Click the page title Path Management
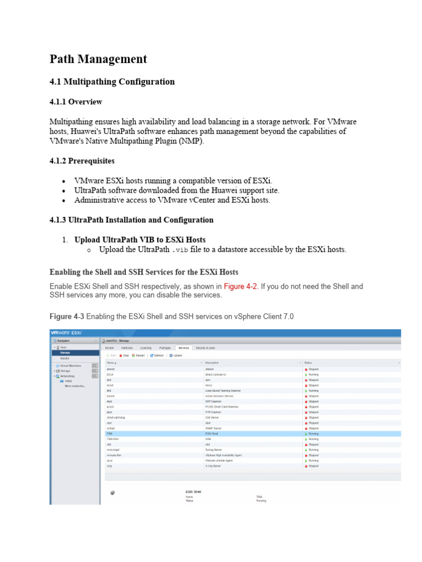click(x=98, y=59)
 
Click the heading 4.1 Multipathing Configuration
click(x=112, y=82)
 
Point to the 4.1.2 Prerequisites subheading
click(x=82, y=161)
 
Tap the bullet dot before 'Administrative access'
click(x=64, y=200)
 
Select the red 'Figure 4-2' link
click(x=241, y=286)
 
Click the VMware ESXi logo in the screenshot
click(x=66, y=333)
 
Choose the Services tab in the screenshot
click(x=183, y=348)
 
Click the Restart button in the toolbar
click(x=137, y=355)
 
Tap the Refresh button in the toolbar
click(x=158, y=355)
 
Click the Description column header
click(x=212, y=363)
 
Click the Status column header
click(x=308, y=363)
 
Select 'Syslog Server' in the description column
click(x=213, y=449)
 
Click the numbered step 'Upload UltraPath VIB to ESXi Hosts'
click(x=140, y=240)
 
